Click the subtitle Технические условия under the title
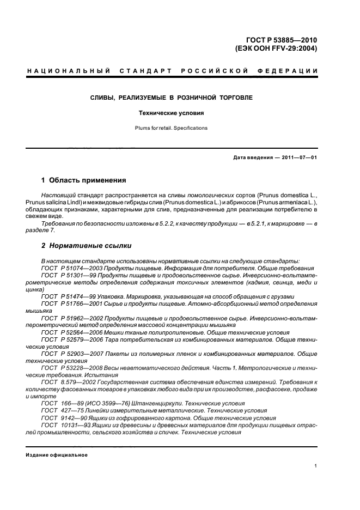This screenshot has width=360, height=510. [x=170, y=113]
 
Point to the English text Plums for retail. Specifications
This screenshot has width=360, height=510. [x=171, y=128]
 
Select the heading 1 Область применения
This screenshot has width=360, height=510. [x=84, y=180]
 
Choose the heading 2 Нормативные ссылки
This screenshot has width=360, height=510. [x=86, y=245]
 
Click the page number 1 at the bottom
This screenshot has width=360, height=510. [x=316, y=465]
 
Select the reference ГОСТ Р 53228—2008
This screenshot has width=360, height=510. [x=68, y=368]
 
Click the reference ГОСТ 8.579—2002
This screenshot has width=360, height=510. [x=65, y=382]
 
